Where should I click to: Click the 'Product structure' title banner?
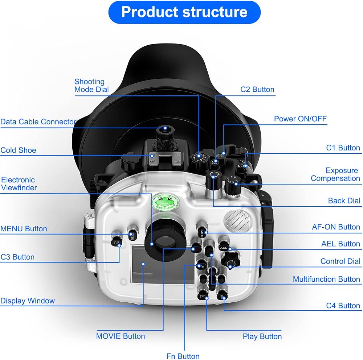pyautogui.click(x=184, y=12)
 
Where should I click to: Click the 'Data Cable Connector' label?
pyautogui.click(x=38, y=121)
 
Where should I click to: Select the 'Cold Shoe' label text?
pyautogui.click(x=18, y=150)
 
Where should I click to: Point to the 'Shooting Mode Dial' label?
pyautogui.click(x=91, y=86)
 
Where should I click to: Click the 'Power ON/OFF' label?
pyautogui.click(x=300, y=119)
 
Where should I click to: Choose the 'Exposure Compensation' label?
pyautogui.click(x=335, y=174)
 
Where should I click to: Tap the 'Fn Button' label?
pyautogui.click(x=183, y=356)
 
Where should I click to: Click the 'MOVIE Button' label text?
pyautogui.click(x=121, y=336)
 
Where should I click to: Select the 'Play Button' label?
pyautogui.click(x=262, y=336)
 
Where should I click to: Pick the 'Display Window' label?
pyautogui.click(x=28, y=301)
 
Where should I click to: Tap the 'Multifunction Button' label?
pyautogui.click(x=326, y=279)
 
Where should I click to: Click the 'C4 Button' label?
pyautogui.click(x=343, y=306)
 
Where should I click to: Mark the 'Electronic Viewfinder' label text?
pyautogui.click(x=19, y=183)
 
